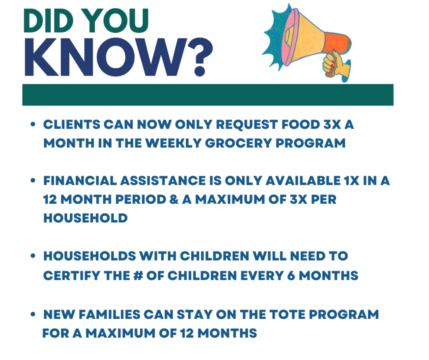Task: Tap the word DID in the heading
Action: coord(48,21)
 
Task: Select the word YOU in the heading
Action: coord(118,21)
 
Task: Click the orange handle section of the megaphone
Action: coord(337,44)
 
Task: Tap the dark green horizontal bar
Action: coord(208,95)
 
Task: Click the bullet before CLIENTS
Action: coord(33,124)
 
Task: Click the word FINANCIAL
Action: coord(80,181)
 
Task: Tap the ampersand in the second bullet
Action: coord(174,199)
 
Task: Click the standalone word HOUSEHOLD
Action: coord(85,218)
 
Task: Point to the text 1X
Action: coord(352,181)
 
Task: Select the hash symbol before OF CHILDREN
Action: coord(138,276)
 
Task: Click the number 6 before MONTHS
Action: coord(291,276)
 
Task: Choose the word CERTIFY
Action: coord(72,276)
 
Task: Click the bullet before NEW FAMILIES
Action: coord(33,314)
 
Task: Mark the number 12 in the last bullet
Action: coord(187,334)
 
